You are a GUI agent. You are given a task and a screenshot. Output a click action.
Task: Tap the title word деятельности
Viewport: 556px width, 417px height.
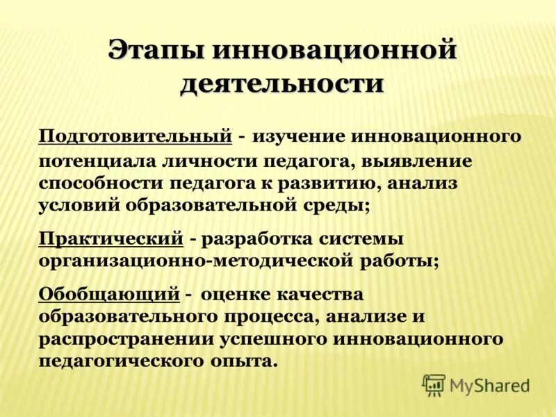(282, 83)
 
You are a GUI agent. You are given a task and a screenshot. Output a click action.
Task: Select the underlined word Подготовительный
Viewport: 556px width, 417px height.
(135, 136)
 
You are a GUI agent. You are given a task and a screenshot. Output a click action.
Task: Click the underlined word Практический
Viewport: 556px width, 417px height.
(111, 238)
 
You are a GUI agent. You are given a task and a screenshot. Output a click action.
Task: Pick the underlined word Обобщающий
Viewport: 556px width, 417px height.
(109, 294)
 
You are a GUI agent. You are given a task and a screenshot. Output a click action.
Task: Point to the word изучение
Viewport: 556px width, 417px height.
(301, 136)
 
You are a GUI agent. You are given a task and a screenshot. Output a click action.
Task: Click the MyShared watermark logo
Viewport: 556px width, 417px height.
(477, 385)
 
